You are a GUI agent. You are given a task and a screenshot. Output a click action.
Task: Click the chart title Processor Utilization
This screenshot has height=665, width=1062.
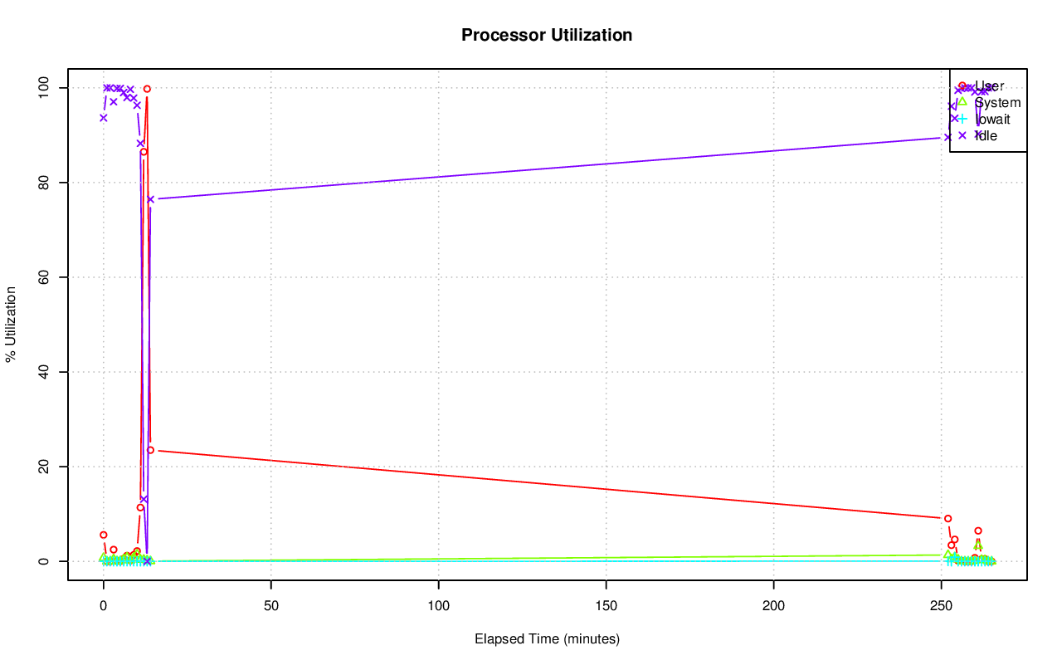click(547, 35)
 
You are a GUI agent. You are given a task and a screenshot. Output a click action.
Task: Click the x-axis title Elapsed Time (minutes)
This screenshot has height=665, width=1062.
click(547, 639)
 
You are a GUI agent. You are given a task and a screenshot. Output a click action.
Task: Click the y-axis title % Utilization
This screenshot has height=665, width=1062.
click(12, 324)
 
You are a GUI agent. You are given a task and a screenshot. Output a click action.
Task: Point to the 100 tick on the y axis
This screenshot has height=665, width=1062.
click(47, 87)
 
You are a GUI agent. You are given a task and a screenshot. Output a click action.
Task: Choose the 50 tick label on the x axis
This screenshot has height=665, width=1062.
click(271, 604)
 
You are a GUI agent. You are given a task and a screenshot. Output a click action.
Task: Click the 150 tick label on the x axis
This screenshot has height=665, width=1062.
click(607, 604)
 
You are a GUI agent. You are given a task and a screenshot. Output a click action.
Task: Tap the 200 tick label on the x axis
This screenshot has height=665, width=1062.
click(774, 604)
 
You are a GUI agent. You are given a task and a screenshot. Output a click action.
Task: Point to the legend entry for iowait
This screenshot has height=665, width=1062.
click(992, 119)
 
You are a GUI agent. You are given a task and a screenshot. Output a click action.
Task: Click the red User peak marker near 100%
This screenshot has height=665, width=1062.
click(147, 89)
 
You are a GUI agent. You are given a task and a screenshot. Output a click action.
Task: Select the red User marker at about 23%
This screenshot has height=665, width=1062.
click(150, 450)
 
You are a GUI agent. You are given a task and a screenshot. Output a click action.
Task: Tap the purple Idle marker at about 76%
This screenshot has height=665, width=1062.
click(150, 199)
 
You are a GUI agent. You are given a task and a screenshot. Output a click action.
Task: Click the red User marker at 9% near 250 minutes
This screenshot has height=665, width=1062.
click(948, 518)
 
